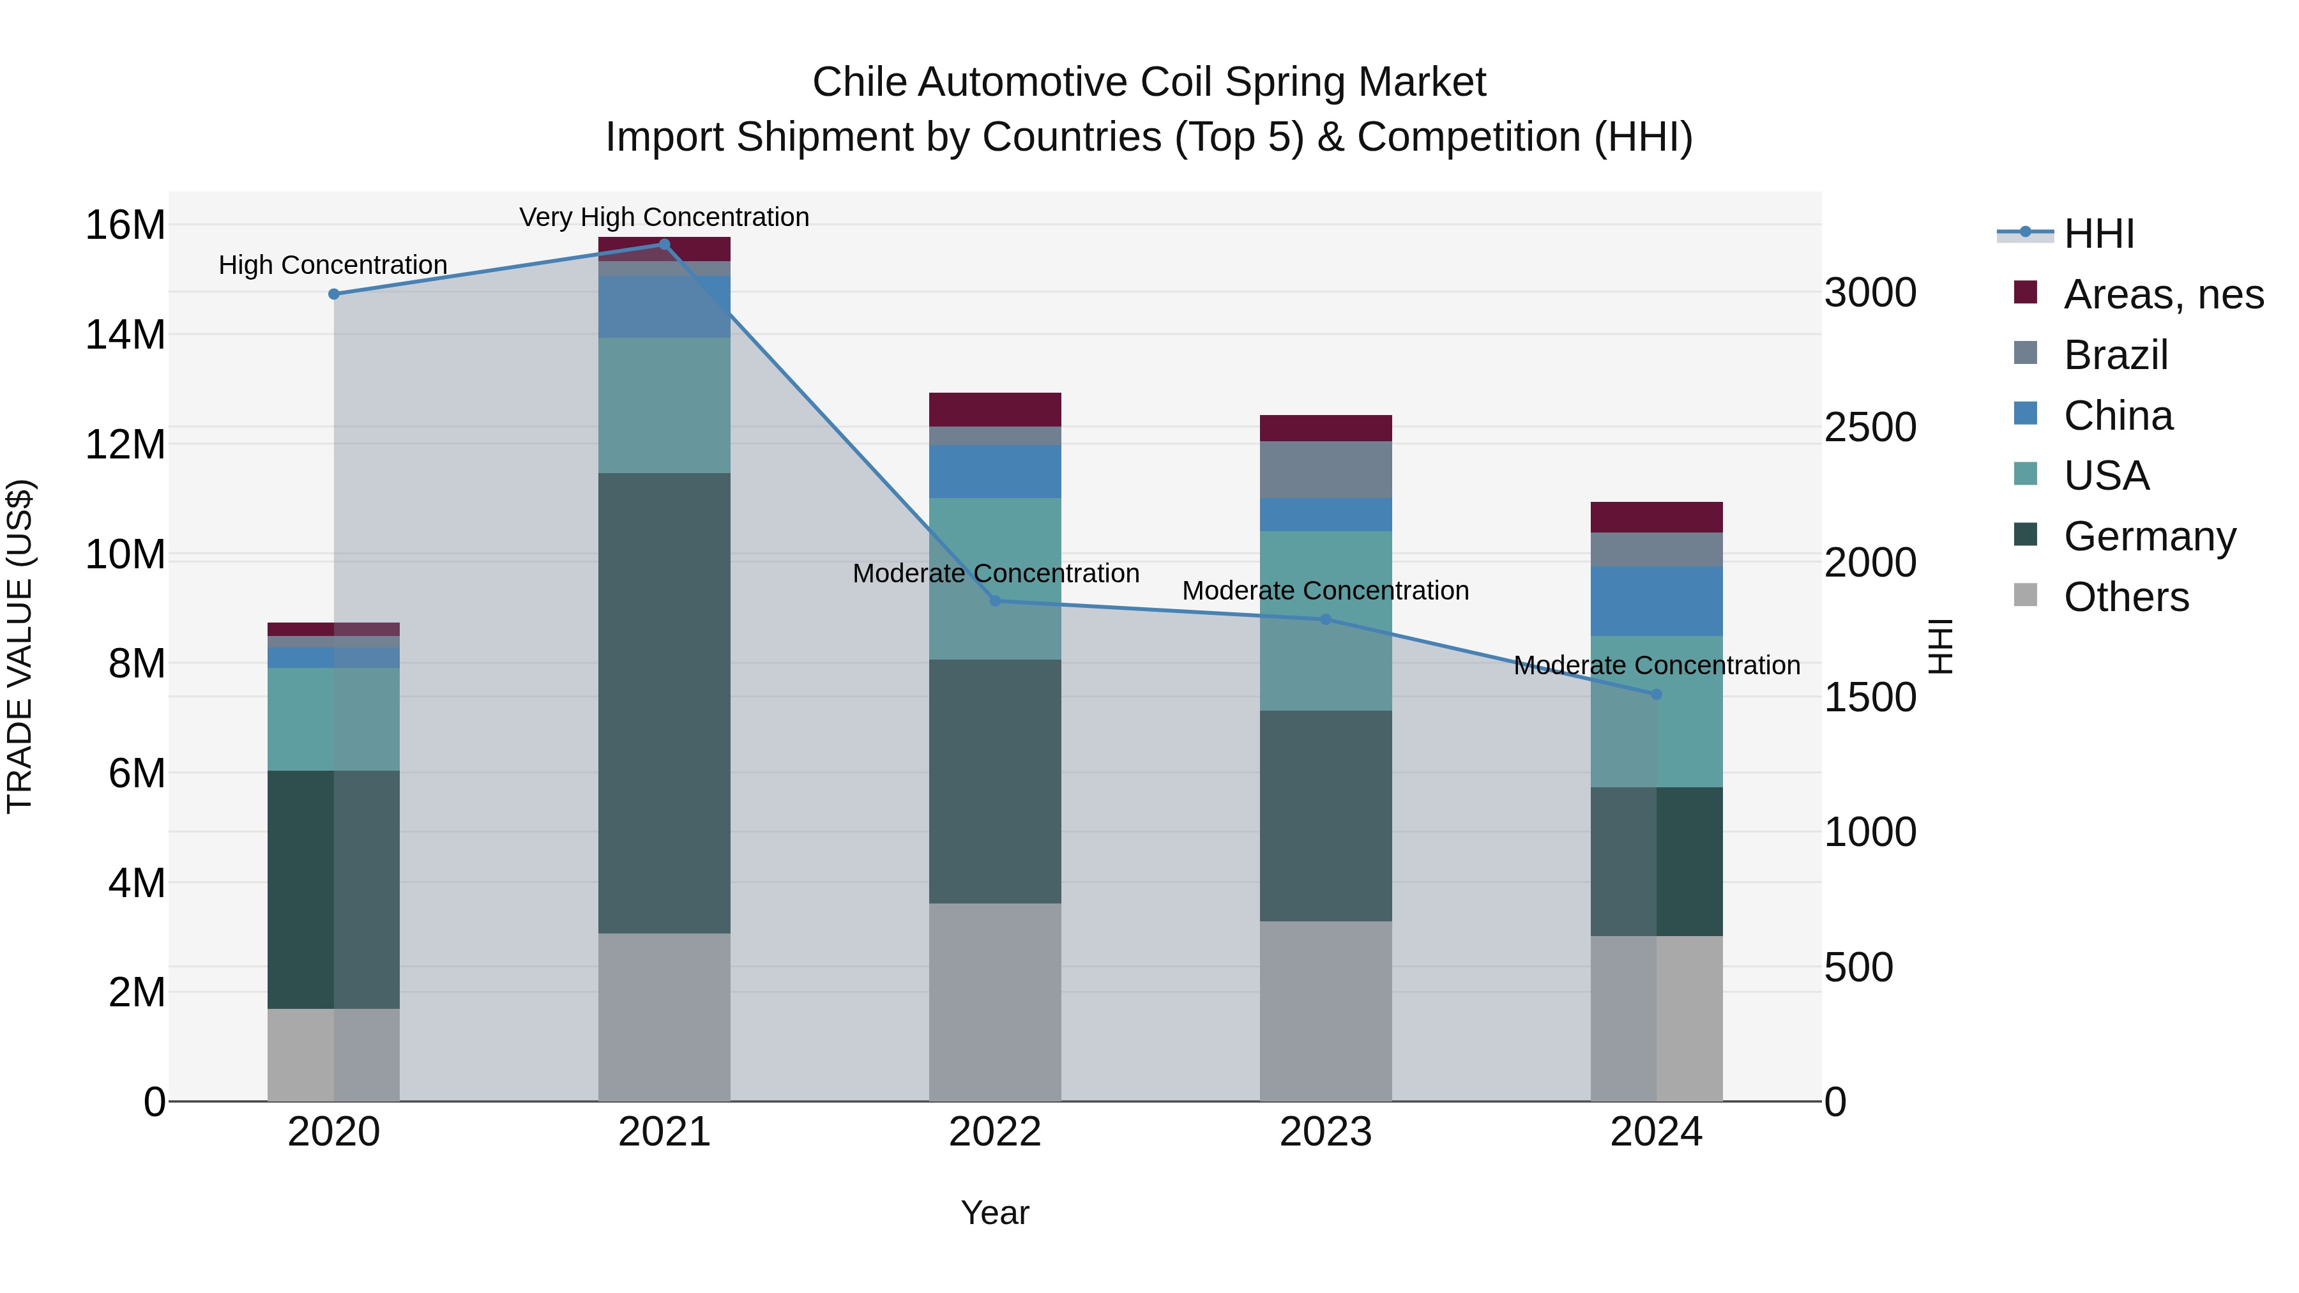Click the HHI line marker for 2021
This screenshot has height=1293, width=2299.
[x=664, y=245]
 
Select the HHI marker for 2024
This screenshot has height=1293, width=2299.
[x=1657, y=694]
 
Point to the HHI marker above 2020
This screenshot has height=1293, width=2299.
[x=334, y=294]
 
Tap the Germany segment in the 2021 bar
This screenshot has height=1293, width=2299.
[x=664, y=703]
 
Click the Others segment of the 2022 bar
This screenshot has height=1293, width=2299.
[x=995, y=1002]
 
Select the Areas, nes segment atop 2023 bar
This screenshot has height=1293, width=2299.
[x=1325, y=428]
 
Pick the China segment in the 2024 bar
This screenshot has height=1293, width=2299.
[x=1657, y=601]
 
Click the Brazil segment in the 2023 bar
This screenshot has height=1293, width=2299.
[x=1325, y=470]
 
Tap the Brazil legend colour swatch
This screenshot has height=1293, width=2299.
[x=2026, y=353]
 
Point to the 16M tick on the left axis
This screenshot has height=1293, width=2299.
[x=125, y=225]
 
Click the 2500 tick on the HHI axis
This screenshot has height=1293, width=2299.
[x=1870, y=427]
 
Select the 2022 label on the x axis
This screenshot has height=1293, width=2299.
[x=995, y=1132]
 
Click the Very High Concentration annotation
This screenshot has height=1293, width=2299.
[x=664, y=218]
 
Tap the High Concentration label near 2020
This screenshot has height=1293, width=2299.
[x=333, y=265]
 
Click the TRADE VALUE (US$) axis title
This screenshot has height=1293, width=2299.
[x=20, y=646]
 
